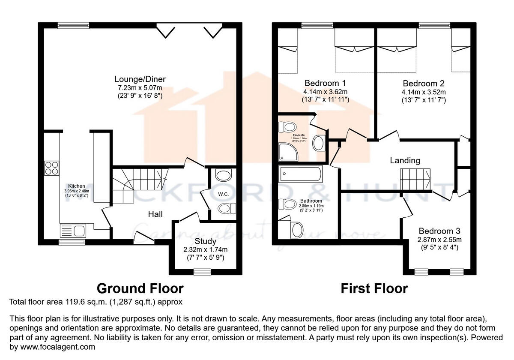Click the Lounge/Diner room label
coord(140,79)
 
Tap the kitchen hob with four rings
coord(52,168)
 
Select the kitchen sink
coord(74,231)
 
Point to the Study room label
coord(206,241)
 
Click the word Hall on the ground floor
coord(155,214)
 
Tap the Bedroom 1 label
coord(325,83)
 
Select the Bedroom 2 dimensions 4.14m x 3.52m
coord(424,92)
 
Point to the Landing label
coord(405,161)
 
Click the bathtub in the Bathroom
coord(300,174)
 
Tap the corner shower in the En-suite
coord(288,150)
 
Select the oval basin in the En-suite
coord(318,143)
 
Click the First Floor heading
coord(374,288)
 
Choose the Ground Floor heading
coord(140,288)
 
